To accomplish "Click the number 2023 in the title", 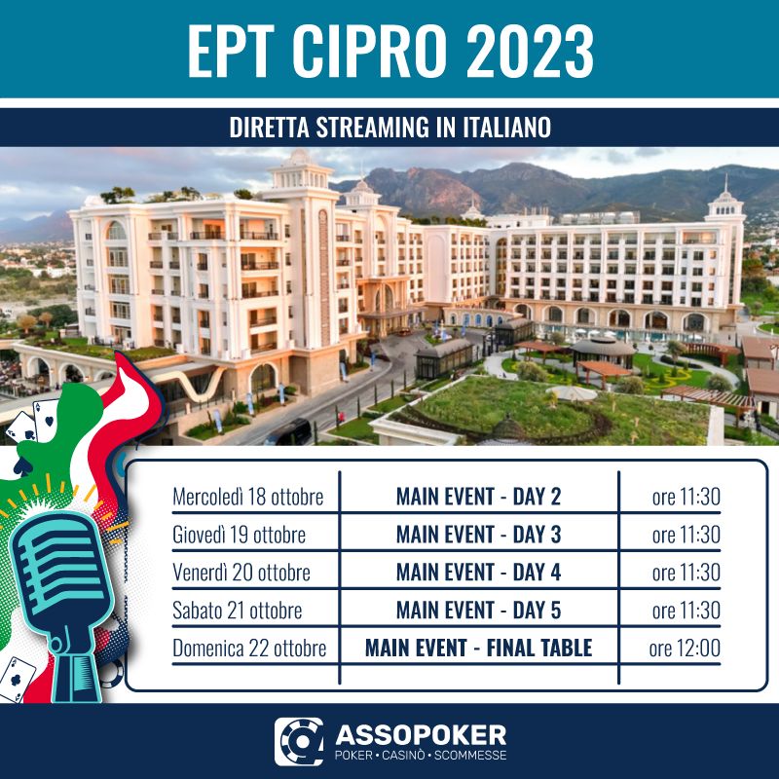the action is [530, 52].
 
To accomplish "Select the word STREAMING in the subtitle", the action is [373, 128].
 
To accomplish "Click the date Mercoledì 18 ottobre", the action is [248, 497].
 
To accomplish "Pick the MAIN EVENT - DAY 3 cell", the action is [478, 535].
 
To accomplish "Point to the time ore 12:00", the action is [685, 648].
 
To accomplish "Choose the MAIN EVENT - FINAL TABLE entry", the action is [478, 648].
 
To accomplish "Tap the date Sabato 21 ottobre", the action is [237, 611].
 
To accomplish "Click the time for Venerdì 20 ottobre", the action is [686, 573].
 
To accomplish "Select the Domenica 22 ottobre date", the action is [249, 648].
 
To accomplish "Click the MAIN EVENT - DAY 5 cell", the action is [478, 611].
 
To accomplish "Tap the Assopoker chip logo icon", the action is [299, 742].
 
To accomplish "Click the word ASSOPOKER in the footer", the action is [421, 735].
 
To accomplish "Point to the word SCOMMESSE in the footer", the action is [470, 756].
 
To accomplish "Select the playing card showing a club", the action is [17, 679].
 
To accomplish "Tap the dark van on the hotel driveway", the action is [288, 431].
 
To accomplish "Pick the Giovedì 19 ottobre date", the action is [239, 535].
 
